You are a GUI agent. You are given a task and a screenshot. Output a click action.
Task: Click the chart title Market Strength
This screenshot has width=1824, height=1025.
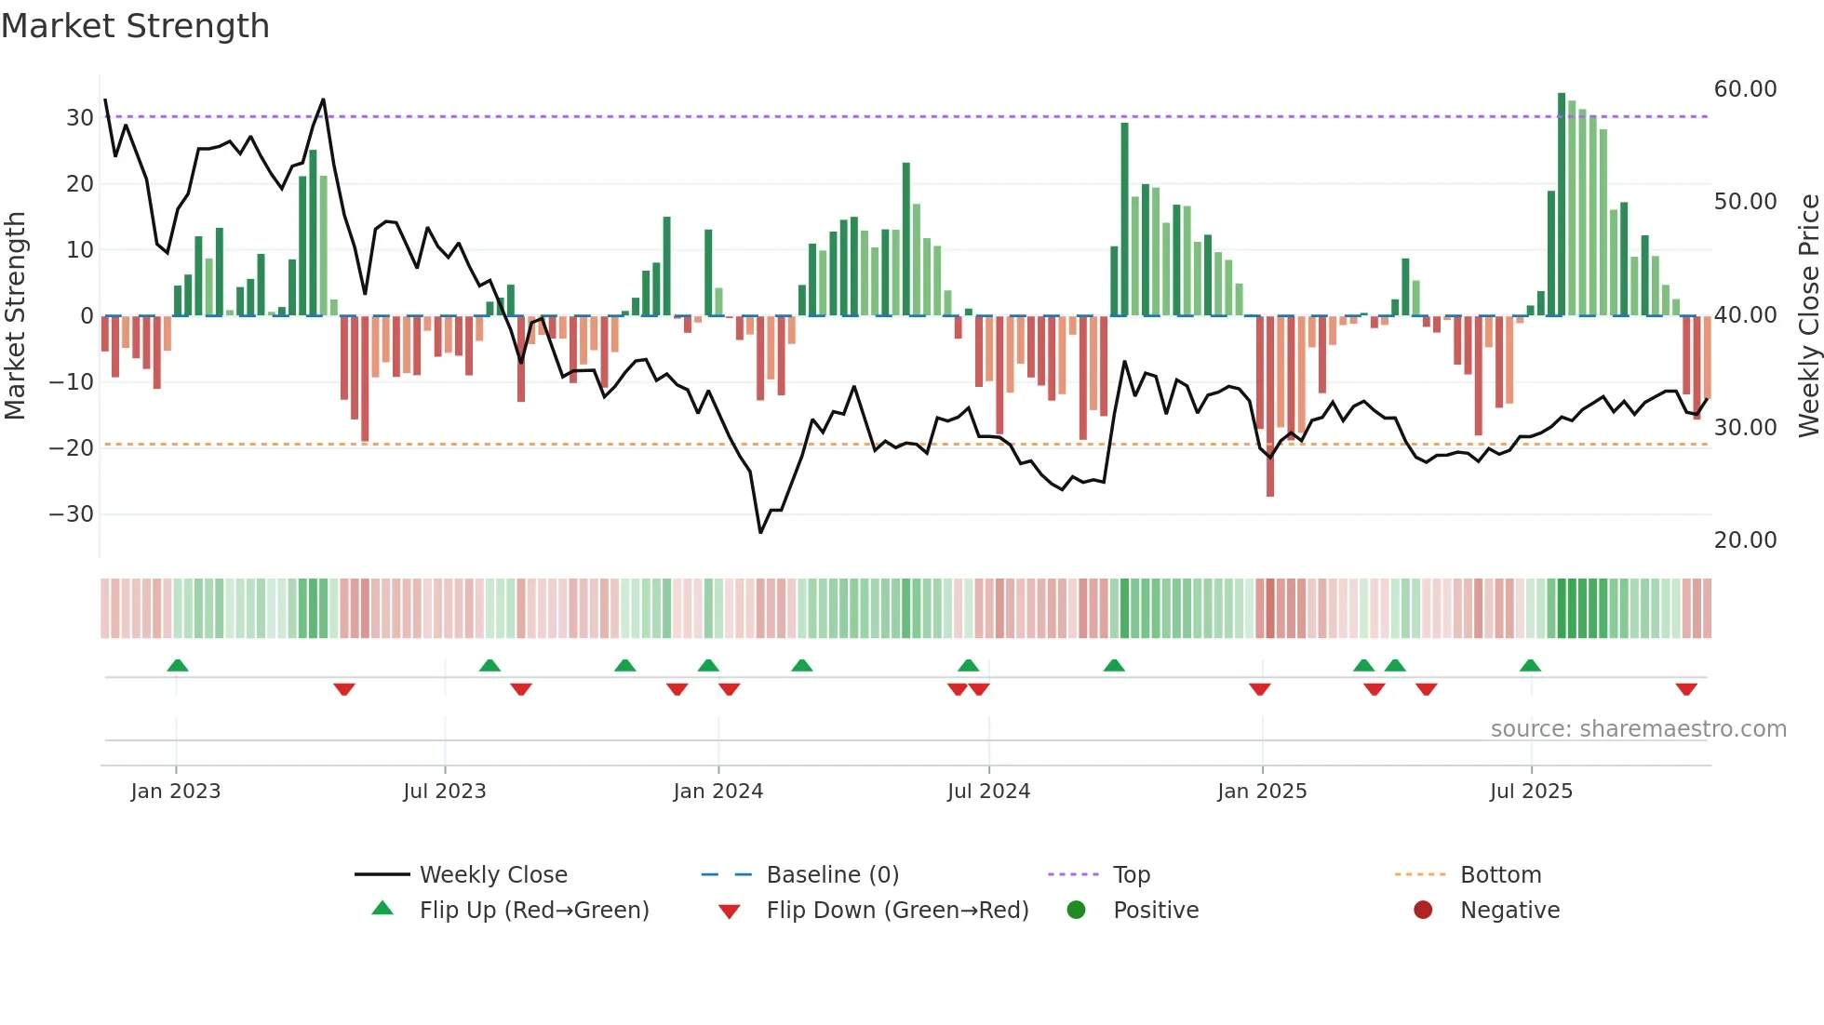click(135, 26)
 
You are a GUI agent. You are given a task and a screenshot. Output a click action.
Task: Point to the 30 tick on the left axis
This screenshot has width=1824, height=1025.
click(79, 118)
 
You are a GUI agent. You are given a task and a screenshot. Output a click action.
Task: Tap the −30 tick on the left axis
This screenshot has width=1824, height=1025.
click(72, 514)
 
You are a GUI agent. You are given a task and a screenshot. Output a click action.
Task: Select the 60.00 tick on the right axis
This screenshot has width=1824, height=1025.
click(1745, 89)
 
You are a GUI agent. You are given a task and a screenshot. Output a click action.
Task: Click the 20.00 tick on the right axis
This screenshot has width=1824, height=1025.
click(1745, 540)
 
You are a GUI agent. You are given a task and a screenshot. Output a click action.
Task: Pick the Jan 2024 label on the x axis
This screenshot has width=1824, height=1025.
click(718, 792)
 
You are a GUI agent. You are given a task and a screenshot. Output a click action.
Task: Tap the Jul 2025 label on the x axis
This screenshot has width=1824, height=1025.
click(1531, 792)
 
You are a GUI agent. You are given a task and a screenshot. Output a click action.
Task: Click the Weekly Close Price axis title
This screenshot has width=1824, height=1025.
click(1808, 315)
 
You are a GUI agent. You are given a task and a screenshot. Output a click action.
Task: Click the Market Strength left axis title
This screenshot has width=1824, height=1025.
click(16, 315)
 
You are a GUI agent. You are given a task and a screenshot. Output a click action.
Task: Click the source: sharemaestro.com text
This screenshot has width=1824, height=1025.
click(1638, 729)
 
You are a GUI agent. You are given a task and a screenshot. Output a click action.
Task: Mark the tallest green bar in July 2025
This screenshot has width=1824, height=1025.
click(1562, 205)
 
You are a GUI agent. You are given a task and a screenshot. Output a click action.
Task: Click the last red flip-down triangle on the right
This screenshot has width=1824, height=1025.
click(1686, 689)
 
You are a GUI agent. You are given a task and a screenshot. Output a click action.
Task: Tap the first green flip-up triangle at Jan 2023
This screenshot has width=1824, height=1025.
click(178, 665)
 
